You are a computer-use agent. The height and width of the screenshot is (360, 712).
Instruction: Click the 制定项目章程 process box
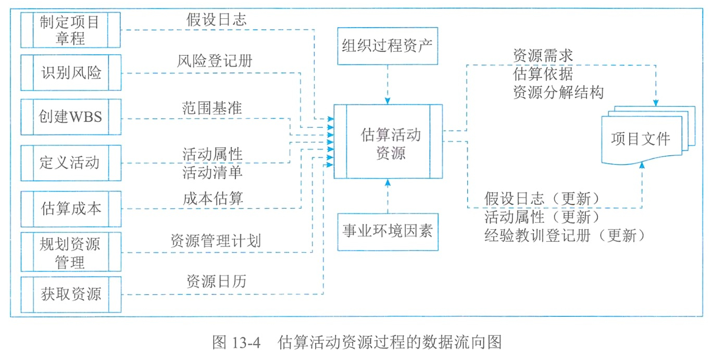[x=70, y=30]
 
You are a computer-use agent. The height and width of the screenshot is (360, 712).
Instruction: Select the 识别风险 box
[x=70, y=72]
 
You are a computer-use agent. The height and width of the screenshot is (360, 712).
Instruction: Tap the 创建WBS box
[x=70, y=117]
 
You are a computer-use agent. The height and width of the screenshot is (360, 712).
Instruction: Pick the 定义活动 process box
[x=70, y=163]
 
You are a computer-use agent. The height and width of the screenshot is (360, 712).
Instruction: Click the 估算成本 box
[x=70, y=208]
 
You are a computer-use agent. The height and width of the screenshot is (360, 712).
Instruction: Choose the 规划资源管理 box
[x=70, y=252]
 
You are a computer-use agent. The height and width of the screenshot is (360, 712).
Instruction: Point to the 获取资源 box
[x=70, y=294]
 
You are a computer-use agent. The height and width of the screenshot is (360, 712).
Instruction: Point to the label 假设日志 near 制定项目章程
[x=216, y=20]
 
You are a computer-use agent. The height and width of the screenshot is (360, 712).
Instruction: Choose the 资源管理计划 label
[x=216, y=241]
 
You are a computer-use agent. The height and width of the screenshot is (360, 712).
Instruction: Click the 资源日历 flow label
[x=216, y=282]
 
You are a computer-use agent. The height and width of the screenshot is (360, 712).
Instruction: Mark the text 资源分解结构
[x=558, y=92]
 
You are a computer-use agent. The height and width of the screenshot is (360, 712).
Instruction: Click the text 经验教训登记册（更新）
[x=565, y=235]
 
